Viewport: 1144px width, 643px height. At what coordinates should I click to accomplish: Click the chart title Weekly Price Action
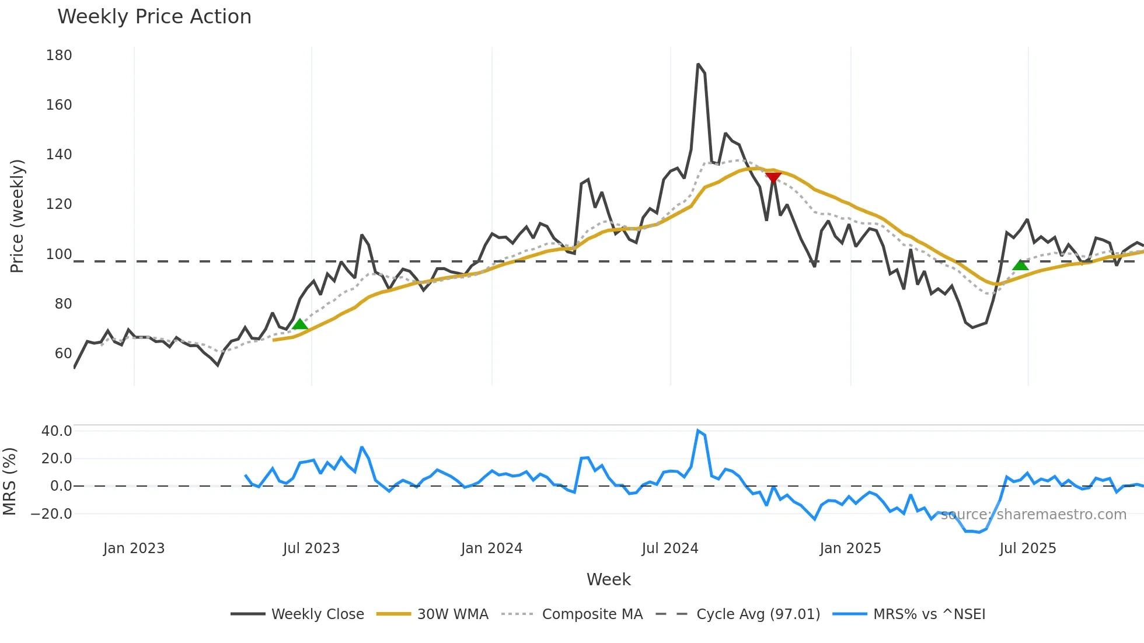pos(154,17)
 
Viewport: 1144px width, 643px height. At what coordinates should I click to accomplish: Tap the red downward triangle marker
pos(773,177)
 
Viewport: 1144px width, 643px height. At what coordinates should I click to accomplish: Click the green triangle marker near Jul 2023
pos(299,324)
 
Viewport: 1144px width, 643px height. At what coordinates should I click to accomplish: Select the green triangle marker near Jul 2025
pos(1020,265)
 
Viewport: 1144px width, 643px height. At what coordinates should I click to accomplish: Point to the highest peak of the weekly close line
pos(698,64)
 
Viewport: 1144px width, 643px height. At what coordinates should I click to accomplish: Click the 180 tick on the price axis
pos(59,55)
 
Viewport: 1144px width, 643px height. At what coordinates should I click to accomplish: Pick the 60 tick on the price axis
pos(63,354)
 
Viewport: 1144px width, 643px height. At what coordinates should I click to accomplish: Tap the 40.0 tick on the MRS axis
pos(57,431)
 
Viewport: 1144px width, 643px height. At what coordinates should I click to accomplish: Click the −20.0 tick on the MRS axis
pos(52,514)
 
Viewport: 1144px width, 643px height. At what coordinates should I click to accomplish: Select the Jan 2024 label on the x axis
pos(491,548)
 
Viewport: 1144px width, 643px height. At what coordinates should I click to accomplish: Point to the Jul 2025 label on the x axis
pos(1028,548)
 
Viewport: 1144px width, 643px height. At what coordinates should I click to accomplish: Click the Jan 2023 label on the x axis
pos(134,548)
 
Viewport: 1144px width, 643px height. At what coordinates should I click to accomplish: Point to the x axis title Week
pos(608,579)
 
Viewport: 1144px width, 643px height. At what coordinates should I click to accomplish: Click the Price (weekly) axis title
pos(17,216)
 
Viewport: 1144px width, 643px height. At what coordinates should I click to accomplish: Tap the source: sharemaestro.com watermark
pos(1033,515)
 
